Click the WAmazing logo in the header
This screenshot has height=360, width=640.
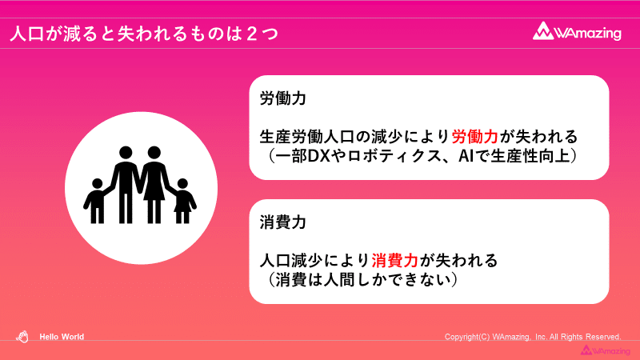[x=577, y=31]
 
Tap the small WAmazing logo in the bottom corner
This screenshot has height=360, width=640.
[x=606, y=350]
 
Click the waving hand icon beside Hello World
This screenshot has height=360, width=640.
[x=22, y=337]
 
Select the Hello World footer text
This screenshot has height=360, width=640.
[x=62, y=337]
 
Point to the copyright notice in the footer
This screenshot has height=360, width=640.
[x=533, y=337]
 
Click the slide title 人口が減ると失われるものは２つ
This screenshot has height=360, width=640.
[x=144, y=34]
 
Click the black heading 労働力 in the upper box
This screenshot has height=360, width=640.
[x=283, y=98]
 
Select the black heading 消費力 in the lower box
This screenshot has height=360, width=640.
[x=283, y=222]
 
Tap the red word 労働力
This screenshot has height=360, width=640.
[x=474, y=137]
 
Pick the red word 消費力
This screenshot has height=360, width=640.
[x=394, y=261]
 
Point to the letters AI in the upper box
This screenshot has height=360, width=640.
[x=466, y=156]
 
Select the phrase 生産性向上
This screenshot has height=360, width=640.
[x=530, y=156]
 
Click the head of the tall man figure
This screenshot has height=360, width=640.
[x=126, y=152]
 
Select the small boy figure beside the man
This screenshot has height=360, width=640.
[x=97, y=201]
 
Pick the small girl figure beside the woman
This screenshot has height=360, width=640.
[x=183, y=201]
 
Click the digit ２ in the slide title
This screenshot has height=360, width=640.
[x=252, y=34]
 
